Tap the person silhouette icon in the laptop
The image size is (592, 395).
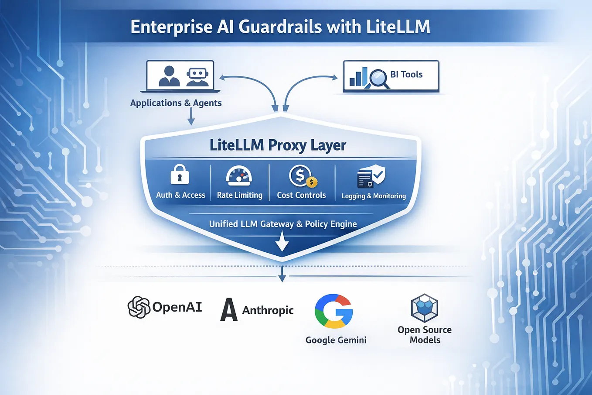point(169,76)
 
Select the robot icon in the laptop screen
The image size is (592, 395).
point(197,77)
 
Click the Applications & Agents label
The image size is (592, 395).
point(176,103)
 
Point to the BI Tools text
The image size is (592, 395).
point(406,74)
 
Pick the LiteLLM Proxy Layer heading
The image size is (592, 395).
point(278,145)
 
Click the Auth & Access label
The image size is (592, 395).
point(180,195)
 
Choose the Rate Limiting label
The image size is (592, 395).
point(240,195)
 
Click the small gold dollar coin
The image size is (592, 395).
point(312,182)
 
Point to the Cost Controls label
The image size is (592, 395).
point(301,195)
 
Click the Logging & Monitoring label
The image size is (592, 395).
point(374,196)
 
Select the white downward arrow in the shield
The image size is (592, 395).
point(282,241)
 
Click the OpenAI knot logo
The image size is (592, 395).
point(139,307)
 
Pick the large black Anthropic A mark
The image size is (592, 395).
point(228,309)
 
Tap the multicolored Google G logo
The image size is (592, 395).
point(333,311)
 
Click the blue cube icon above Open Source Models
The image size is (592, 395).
point(425,308)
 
